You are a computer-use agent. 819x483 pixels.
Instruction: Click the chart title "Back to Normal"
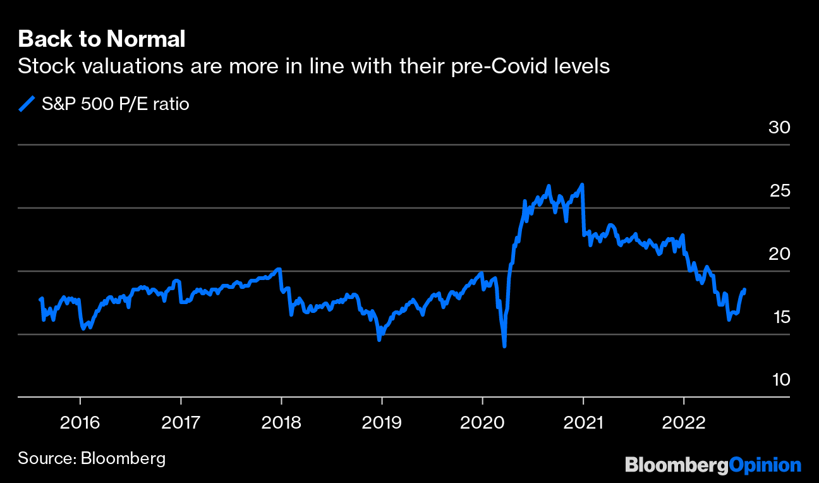point(102,39)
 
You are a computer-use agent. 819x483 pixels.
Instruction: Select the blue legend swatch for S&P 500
point(27,104)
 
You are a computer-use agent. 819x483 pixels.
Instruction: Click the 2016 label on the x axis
point(80,422)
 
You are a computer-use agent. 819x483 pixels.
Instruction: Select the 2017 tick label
point(181,422)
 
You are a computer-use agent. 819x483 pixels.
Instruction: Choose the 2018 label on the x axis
point(281,422)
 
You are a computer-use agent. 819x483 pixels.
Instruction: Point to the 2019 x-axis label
point(382,422)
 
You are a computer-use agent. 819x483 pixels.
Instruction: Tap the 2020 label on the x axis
point(482,422)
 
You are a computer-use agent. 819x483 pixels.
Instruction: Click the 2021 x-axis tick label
point(583,422)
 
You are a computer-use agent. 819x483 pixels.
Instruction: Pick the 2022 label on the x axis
point(683,422)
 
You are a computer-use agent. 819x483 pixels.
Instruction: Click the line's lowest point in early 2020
point(504,346)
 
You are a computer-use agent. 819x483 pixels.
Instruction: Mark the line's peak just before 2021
point(581,185)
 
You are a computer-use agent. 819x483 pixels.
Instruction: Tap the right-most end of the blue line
point(745,290)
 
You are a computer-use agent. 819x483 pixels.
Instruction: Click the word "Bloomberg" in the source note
point(123,458)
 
